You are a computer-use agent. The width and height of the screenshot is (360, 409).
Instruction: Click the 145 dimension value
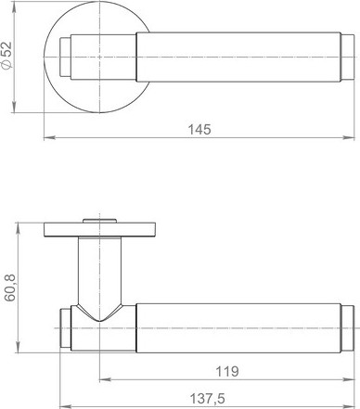point(199,130)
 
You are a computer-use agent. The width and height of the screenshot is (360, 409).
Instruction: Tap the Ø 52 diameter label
point(6,55)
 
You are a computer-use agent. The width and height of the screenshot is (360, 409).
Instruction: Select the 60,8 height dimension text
point(10,288)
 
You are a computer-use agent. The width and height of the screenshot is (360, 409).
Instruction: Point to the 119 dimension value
point(227,371)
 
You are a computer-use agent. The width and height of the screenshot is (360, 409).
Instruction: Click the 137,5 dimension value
point(207,399)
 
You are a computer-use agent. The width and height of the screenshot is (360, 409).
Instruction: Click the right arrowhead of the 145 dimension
point(349,137)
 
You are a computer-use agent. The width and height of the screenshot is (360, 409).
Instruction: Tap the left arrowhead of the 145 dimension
point(50,137)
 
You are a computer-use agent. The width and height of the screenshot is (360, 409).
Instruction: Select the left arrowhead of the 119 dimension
point(105,379)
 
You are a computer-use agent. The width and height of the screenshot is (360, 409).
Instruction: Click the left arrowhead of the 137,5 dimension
point(65,406)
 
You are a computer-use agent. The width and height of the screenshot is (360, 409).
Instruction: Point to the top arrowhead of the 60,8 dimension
point(18,228)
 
